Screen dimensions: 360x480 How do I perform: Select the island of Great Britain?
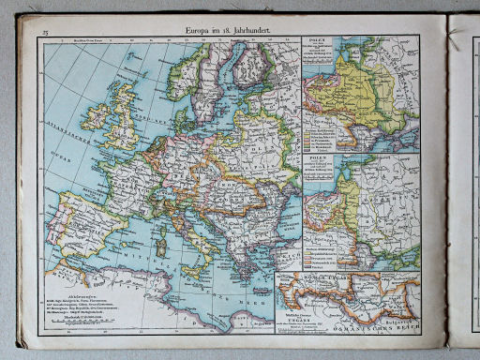(x=119, y=108)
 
